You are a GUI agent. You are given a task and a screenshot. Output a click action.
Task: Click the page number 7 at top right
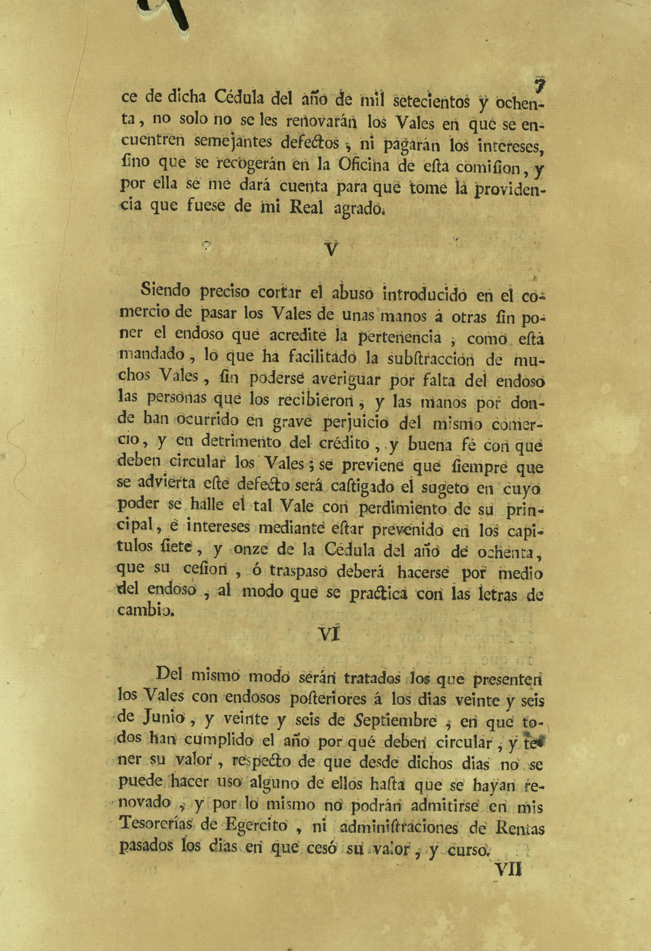click(x=539, y=84)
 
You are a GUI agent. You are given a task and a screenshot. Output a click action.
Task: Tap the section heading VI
click(x=330, y=633)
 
